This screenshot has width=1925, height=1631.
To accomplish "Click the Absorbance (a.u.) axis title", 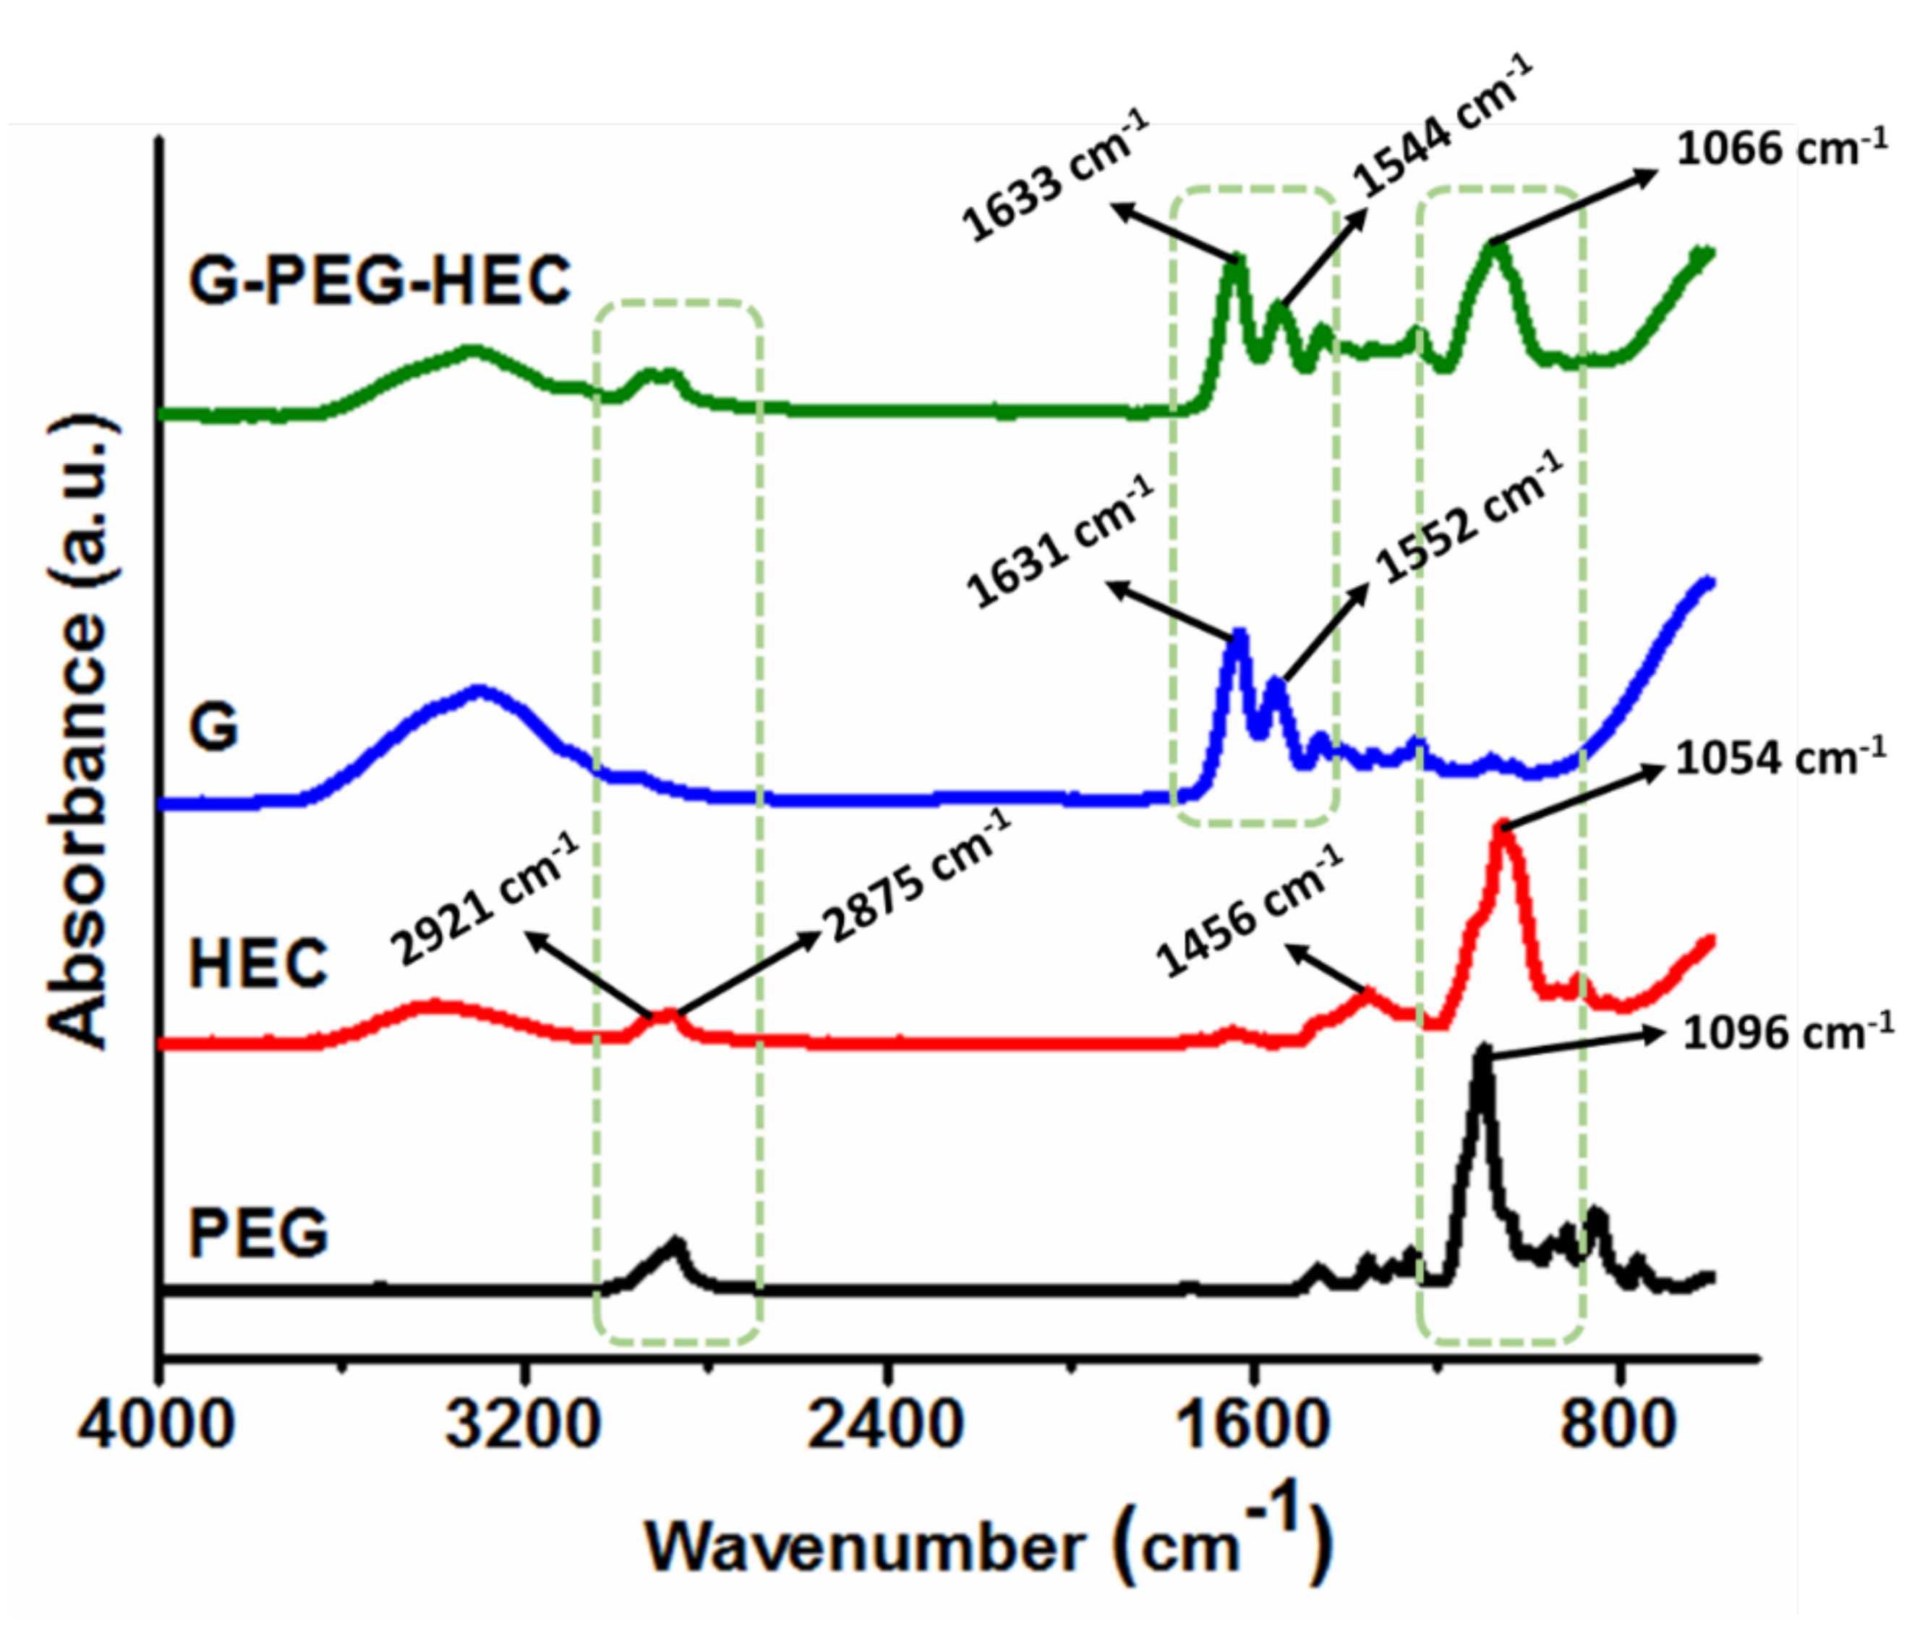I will (x=82, y=731).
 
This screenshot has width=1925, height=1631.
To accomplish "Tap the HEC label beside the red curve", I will (x=258, y=963).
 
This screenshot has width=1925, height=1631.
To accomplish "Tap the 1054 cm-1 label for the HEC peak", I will (x=1780, y=758).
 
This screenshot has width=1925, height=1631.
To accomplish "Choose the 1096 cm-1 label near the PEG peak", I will (x=1787, y=1032).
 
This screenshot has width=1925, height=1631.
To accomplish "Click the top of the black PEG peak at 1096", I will (x=1483, y=1050).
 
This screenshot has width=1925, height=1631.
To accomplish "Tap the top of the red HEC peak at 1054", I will (x=1503, y=826).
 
